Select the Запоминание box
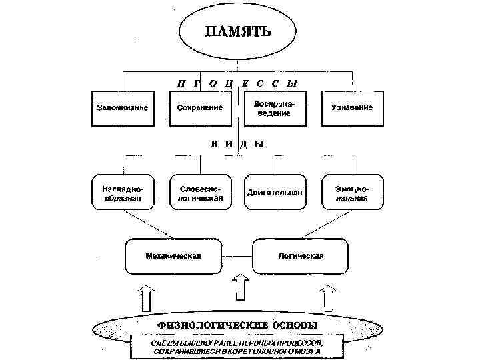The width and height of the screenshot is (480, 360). click(119, 108)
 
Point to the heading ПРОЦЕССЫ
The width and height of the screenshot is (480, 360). click(237, 83)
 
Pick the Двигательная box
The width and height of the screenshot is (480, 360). click(275, 192)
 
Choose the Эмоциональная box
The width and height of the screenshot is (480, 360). click(352, 192)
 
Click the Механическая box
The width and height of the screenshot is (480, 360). click(173, 255)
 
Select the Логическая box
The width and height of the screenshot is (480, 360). click(300, 255)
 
